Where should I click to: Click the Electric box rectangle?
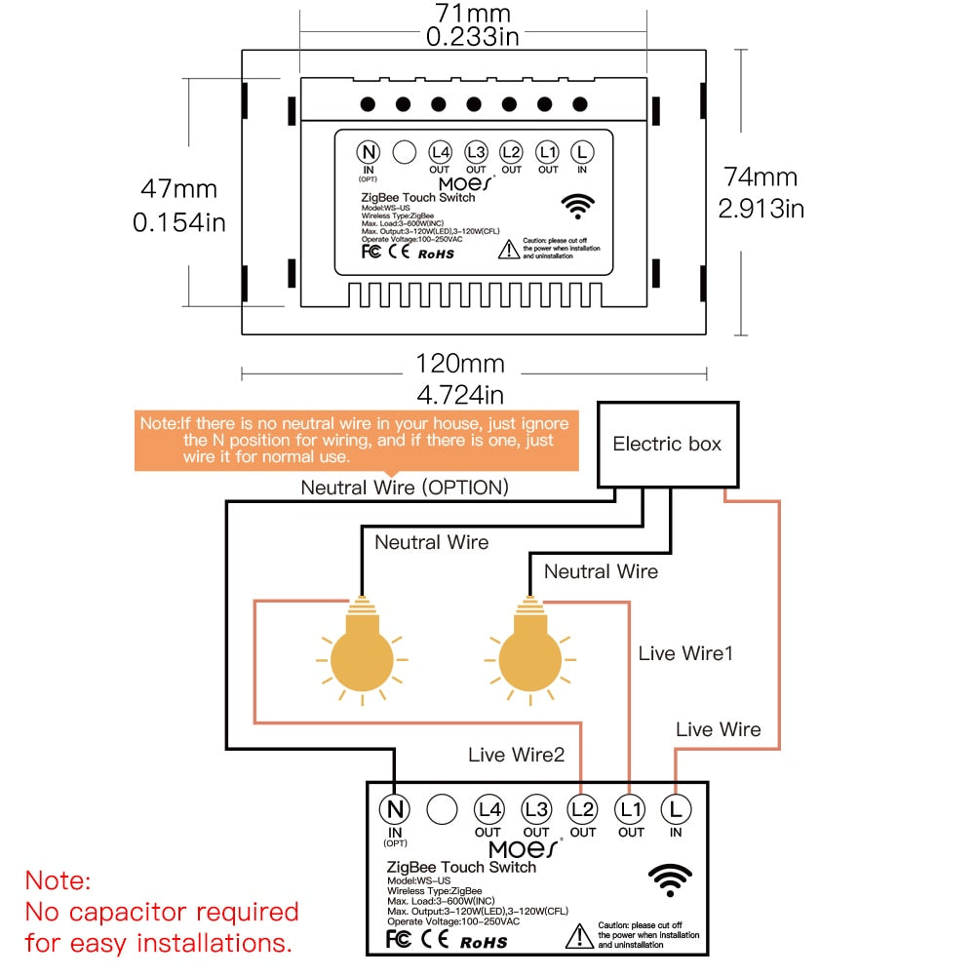(668, 445)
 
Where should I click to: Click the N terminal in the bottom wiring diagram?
(394, 808)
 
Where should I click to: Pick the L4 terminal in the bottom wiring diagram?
(488, 808)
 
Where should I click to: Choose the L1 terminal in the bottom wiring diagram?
(630, 808)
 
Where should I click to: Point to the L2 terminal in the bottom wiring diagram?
(582, 808)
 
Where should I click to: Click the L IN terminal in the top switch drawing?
(582, 152)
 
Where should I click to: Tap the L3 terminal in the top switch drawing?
(476, 152)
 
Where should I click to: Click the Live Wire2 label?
(516, 754)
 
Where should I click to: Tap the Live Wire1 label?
(685, 653)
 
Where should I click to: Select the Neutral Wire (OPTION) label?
(404, 487)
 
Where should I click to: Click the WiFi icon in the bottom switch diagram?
(670, 880)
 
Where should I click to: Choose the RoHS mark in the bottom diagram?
(483, 942)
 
